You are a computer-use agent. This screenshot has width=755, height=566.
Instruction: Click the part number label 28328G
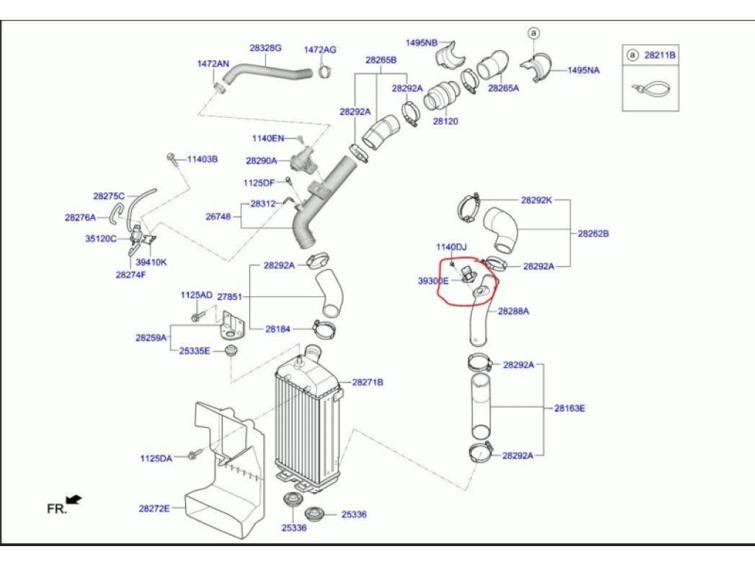265,48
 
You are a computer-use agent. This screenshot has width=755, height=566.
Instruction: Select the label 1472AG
320,49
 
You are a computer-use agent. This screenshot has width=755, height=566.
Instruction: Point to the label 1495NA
584,70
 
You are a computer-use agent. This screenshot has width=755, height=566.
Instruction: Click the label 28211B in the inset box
661,55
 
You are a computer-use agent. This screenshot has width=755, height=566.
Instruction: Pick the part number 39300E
433,281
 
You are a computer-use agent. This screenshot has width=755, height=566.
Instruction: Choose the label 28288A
513,311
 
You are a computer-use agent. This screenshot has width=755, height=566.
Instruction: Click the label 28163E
569,408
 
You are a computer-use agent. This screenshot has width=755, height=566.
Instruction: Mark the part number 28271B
367,382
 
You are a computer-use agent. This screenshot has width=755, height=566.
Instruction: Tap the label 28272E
154,508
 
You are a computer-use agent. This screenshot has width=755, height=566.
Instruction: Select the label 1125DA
156,458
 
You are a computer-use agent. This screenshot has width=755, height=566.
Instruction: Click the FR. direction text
57,509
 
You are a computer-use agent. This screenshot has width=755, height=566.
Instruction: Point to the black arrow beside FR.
74,500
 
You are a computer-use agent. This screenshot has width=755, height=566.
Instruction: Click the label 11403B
202,158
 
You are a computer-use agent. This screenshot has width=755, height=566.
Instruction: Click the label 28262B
593,234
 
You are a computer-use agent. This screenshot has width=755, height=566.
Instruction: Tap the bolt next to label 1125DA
194,454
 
